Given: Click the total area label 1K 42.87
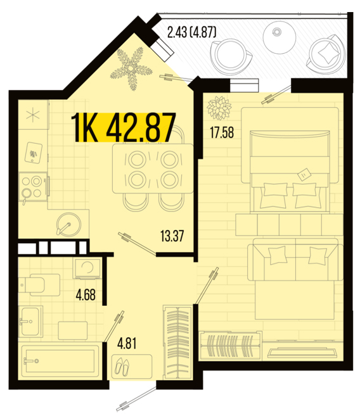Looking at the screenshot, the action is pyautogui.click(x=124, y=127).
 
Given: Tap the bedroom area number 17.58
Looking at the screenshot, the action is pyautogui.click(x=222, y=132).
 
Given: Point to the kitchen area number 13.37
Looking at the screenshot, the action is pyautogui.click(x=172, y=236).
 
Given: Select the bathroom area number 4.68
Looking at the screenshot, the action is pyautogui.click(x=86, y=295).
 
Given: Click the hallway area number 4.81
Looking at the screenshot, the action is pyautogui.click(x=127, y=343).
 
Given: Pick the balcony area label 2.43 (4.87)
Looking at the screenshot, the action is pyautogui.click(x=191, y=32).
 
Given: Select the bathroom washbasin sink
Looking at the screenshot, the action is pyautogui.click(x=31, y=321).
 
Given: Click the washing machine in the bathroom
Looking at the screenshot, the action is pyautogui.click(x=87, y=269).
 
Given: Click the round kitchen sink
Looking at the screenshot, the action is pyautogui.click(x=68, y=224).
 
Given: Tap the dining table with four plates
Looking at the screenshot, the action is pyautogui.click(x=153, y=168).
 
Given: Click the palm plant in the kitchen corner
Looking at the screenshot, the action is pyautogui.click(x=131, y=68).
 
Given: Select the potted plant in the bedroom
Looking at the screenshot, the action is pyautogui.click(x=219, y=108).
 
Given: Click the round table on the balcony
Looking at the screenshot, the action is pyautogui.click(x=280, y=37).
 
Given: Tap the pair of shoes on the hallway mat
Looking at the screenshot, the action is pyautogui.click(x=122, y=367).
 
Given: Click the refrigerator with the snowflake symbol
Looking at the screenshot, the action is pyautogui.click(x=33, y=115).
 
